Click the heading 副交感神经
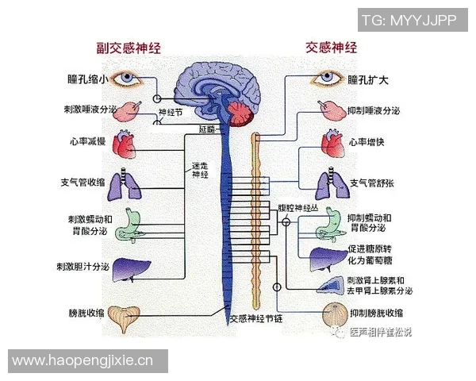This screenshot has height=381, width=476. pos(129,48)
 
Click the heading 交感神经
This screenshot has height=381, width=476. pos(332,48)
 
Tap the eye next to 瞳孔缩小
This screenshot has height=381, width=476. pos(127,79)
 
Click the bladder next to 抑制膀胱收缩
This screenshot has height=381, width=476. pos(331,313)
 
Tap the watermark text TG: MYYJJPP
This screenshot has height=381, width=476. pos(414,21)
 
